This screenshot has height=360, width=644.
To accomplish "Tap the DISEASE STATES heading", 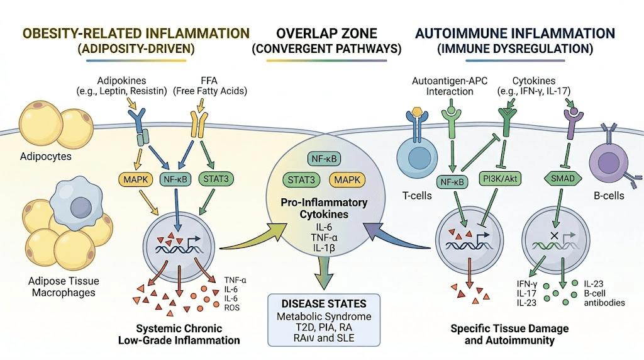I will pos(325,303).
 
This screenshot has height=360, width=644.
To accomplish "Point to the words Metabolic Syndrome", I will pos(325,316).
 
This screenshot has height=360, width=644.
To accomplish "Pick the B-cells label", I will pos(608,196).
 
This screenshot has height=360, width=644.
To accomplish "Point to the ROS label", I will pos(231,307).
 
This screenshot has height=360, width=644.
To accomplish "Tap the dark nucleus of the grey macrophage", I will pos(84,206).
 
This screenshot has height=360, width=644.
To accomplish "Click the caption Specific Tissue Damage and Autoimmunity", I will pos(510,334).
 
